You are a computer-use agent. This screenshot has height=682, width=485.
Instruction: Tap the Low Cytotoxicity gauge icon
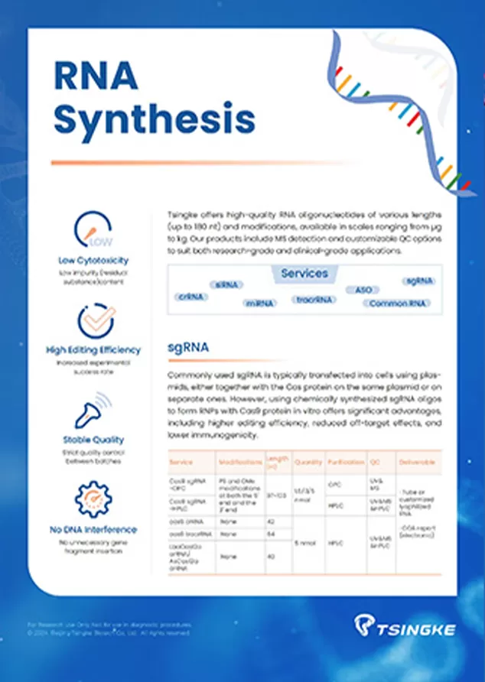click(x=93, y=229)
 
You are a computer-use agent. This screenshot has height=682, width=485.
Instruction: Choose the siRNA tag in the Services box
click(x=226, y=284)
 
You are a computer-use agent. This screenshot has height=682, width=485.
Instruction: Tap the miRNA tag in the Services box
click(x=259, y=303)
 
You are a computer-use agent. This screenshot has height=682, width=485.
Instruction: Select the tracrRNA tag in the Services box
click(x=316, y=299)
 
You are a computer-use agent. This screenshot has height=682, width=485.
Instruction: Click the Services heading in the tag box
click(x=304, y=274)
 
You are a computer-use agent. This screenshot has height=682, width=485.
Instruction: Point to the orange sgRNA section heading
click(x=188, y=349)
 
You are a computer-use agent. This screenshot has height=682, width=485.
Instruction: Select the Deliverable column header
click(x=417, y=463)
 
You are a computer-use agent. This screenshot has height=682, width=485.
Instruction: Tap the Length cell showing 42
click(x=272, y=521)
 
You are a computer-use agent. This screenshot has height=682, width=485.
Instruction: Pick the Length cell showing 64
click(x=272, y=533)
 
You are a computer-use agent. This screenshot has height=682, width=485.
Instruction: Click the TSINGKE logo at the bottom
click(x=405, y=628)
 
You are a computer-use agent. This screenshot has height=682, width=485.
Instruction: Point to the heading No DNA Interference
click(x=93, y=529)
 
